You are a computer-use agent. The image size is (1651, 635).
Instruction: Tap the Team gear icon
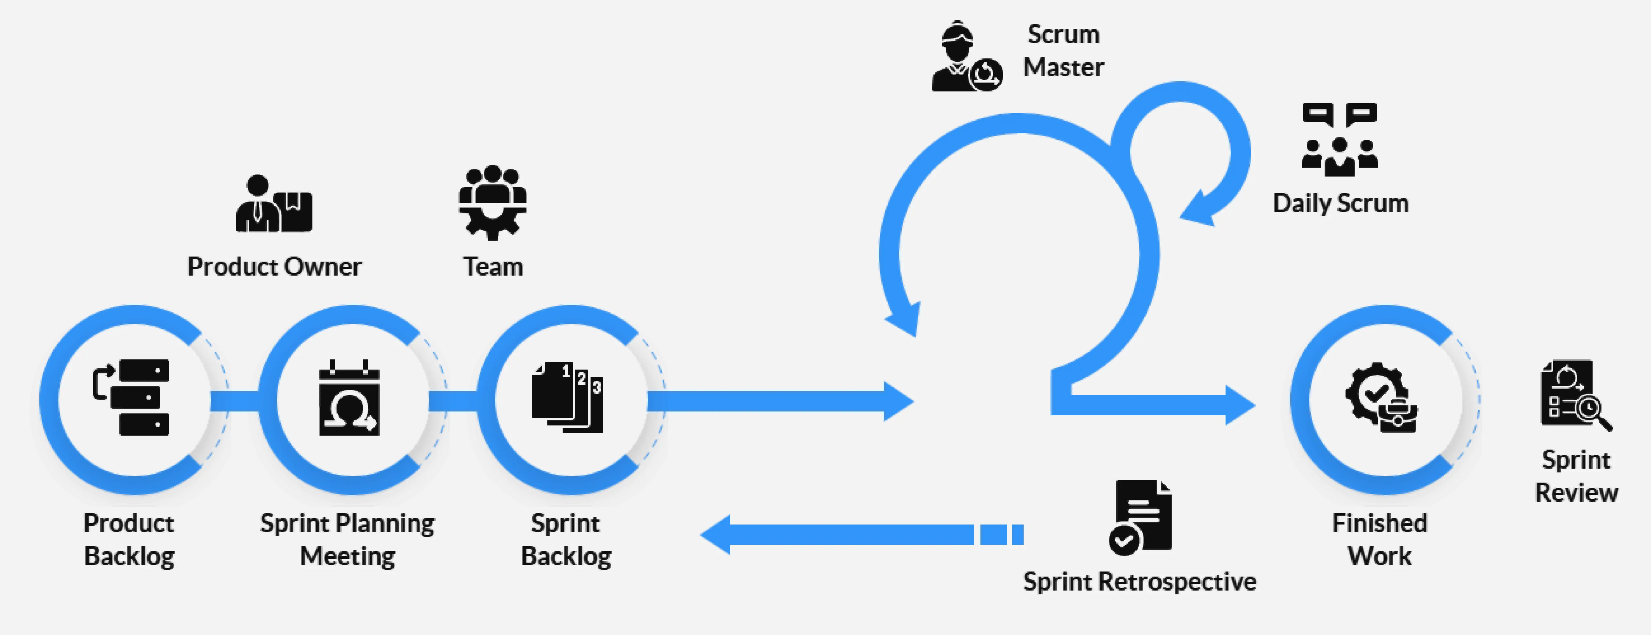(x=492, y=203)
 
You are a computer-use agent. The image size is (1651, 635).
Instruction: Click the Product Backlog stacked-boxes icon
(x=132, y=397)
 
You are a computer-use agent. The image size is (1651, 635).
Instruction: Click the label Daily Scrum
(x=1340, y=203)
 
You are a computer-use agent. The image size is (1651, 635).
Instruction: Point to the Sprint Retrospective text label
(x=1139, y=581)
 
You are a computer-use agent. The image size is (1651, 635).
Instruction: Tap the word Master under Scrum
(x=1063, y=67)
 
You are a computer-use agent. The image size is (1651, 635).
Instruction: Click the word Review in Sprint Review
(x=1576, y=492)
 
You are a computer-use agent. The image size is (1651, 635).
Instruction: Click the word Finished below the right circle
(x=1379, y=523)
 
